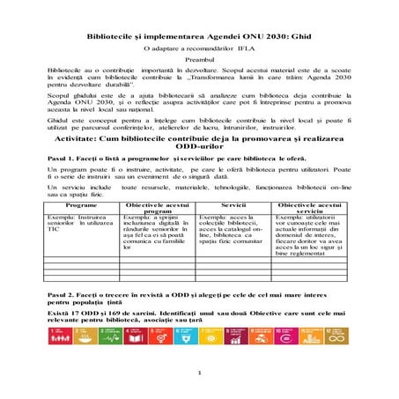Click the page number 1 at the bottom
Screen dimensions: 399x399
pos(200,373)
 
